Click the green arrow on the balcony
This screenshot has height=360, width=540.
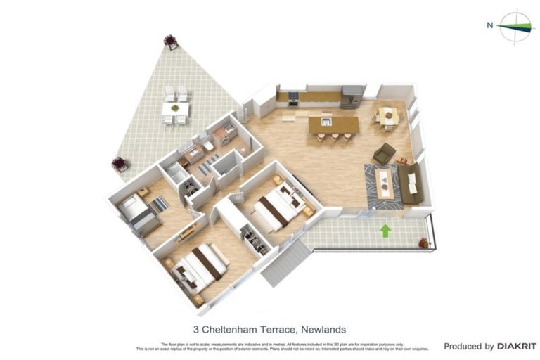click(x=385, y=230)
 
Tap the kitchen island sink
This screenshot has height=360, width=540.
click(x=326, y=122)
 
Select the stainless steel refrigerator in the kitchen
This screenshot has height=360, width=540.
click(x=352, y=96)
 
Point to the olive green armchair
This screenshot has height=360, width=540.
click(x=384, y=153)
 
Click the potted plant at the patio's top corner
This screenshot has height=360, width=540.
click(x=170, y=41)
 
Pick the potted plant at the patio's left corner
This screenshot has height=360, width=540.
click(x=120, y=165)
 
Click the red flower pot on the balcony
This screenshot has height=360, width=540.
click(x=423, y=243)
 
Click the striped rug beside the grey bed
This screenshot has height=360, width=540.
click(x=160, y=204)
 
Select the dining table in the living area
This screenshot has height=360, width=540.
click(x=387, y=116)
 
